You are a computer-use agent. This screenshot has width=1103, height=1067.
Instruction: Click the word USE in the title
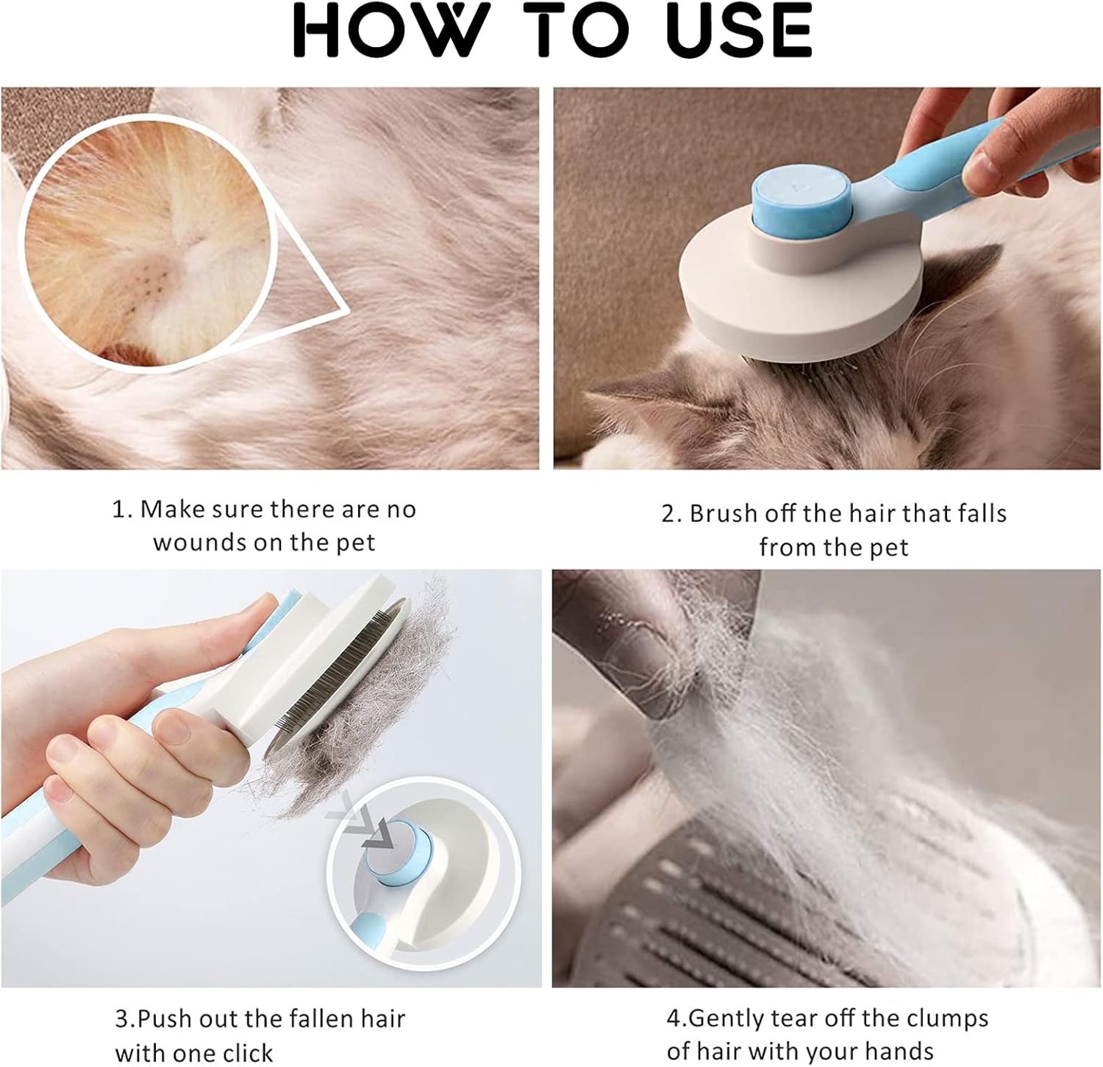(x=738, y=30)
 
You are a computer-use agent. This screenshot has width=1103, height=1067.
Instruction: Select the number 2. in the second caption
(x=671, y=513)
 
